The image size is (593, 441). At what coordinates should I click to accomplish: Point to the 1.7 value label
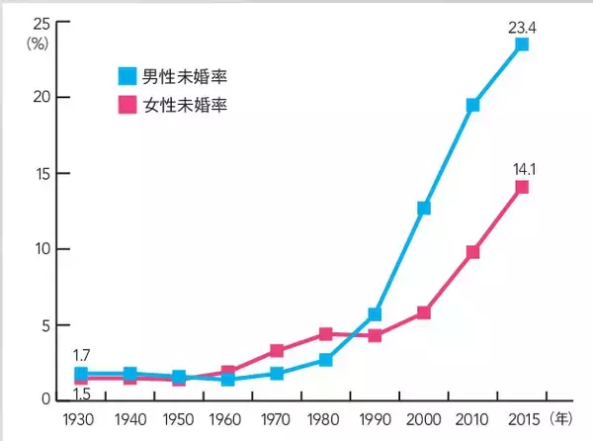pos(81,353)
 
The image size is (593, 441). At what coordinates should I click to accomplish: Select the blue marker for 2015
pos(522,44)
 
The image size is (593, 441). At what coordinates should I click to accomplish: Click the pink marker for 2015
pos(522,187)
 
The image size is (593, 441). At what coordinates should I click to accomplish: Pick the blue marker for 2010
pos(473,104)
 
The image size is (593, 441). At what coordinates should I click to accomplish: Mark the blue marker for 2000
pos(424,208)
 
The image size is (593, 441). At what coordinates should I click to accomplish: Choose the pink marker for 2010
pos(473,252)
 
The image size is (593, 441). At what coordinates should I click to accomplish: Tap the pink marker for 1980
pos(326,334)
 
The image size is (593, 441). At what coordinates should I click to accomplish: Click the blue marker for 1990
pos(376,314)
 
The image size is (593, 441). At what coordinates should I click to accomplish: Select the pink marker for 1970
pos(277,350)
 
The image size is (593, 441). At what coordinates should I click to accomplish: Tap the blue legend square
pos(127,74)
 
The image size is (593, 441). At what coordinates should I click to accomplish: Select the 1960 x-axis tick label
pos(227,419)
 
